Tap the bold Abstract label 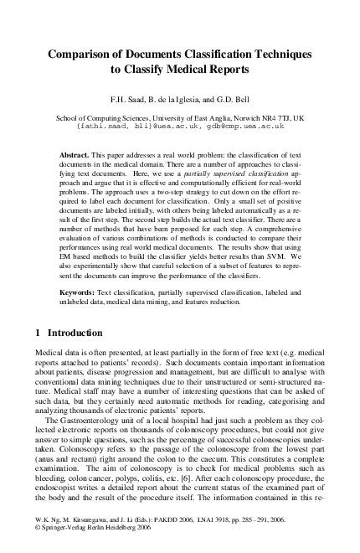tap(76, 156)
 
